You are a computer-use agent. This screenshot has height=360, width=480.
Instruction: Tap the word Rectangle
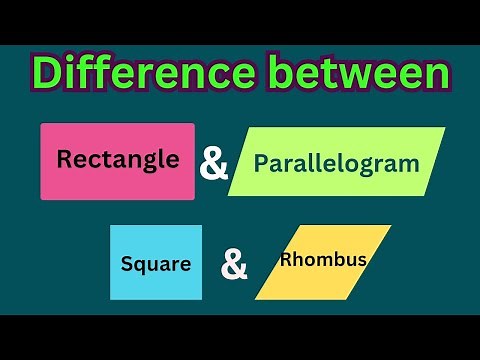point(118,158)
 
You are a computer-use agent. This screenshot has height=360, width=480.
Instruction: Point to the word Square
point(155,265)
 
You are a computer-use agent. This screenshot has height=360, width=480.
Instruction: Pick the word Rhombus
point(323,260)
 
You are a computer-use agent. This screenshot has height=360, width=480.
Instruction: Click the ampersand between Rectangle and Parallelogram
point(214,163)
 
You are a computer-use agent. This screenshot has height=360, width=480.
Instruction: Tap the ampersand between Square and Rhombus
point(234,266)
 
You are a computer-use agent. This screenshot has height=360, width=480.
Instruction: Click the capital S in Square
point(127,265)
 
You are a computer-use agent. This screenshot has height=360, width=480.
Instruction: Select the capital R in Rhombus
point(286,260)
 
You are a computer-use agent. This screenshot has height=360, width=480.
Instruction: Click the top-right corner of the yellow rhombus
point(390,226)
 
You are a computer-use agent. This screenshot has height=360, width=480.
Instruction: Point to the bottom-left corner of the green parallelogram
point(229,195)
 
